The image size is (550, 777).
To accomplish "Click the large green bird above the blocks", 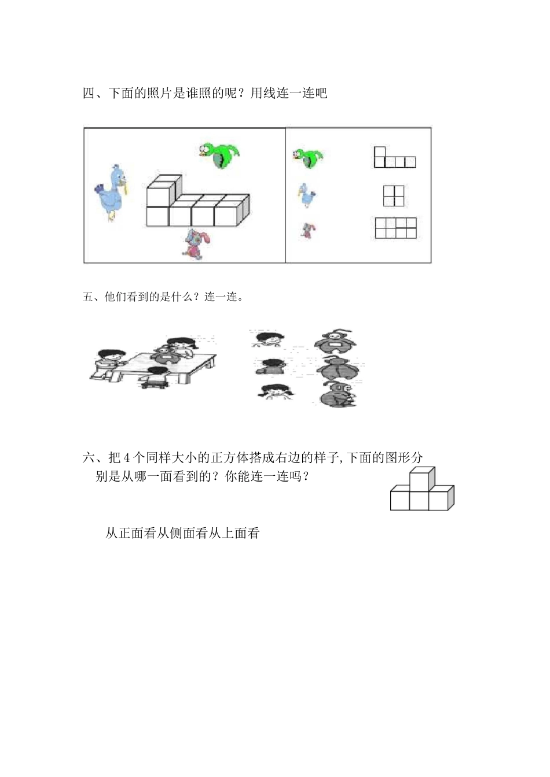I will (220, 155).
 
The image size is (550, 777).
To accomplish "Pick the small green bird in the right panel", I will (308, 157).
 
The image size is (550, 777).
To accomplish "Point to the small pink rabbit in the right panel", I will (308, 231).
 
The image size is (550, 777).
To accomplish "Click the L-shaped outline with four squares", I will (394, 158).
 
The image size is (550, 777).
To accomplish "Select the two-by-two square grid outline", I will (394, 195).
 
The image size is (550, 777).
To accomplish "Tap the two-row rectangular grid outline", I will (396, 228).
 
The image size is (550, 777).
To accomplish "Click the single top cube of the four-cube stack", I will (421, 478).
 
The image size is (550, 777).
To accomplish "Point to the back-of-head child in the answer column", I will (272, 367).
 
